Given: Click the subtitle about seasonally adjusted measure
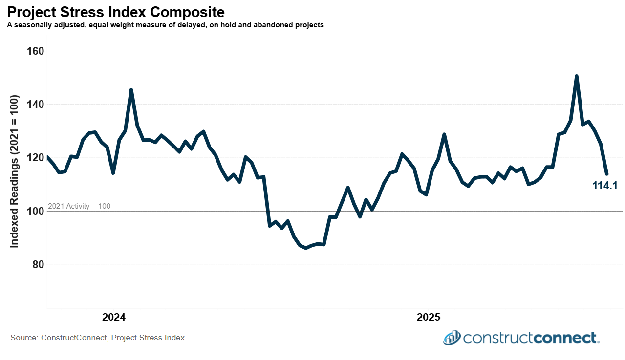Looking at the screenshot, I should coord(165,25).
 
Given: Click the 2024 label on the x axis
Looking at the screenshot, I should coord(113,318).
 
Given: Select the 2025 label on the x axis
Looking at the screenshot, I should coord(429,318).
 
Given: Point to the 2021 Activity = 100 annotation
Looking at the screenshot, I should coord(79,206).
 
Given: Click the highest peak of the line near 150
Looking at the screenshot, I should coord(577,76).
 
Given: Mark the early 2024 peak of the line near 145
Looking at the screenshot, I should coord(131,90).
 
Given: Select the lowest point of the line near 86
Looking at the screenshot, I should coord(306,248).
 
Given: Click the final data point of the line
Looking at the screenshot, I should coord(606,173).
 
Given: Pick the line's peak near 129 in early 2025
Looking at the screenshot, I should coord(444,134).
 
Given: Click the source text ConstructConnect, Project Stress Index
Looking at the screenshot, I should coord(98,338).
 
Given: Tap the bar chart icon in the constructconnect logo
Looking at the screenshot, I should coord(452,338).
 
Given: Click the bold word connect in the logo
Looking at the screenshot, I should coord(565,338).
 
